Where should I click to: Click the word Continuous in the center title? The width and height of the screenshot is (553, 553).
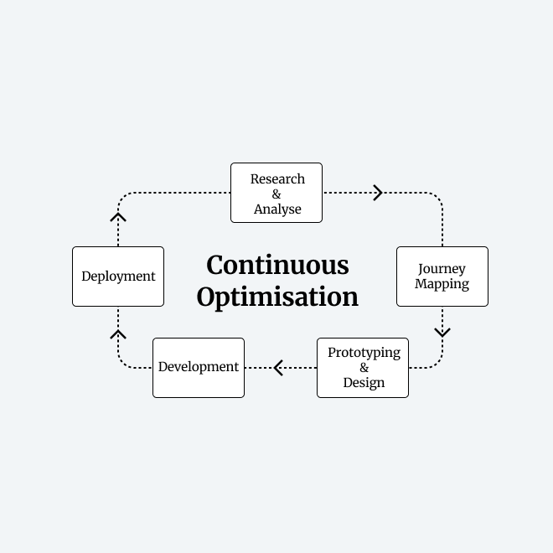277,266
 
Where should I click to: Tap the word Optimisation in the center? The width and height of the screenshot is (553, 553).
277,297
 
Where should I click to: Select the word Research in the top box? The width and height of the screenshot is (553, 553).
277,178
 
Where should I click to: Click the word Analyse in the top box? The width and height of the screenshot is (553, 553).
277,209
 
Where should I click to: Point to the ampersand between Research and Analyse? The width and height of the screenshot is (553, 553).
276,194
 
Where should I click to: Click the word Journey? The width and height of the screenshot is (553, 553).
442,269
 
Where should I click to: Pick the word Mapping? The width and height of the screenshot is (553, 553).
442,284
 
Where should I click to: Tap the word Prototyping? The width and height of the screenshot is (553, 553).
364,353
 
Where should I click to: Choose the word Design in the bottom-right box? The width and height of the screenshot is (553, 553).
364,383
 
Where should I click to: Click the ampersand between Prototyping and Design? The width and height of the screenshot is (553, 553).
364,368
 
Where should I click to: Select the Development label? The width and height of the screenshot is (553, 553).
199,367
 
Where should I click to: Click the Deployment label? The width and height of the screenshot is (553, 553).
118,276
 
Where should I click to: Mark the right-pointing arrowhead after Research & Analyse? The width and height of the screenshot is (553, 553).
379,193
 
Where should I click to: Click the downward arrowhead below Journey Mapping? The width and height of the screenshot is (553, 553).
442,333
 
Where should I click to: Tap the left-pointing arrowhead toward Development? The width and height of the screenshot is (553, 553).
278,368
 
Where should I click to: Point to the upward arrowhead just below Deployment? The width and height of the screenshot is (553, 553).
118,334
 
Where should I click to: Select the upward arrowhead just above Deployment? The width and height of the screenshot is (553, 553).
118,217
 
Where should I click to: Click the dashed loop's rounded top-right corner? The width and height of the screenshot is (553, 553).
437,198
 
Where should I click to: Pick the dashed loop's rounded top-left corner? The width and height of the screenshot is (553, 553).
123,198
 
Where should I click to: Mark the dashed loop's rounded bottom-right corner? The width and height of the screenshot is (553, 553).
437,363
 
